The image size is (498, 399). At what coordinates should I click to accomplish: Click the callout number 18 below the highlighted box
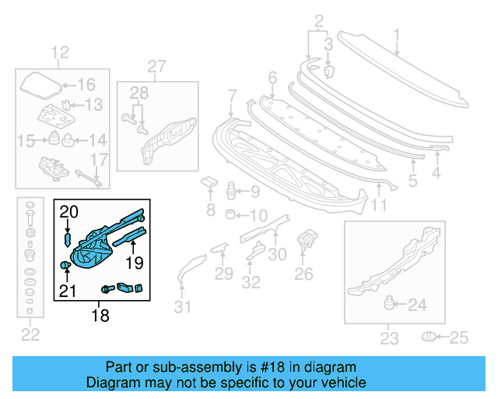[x=100, y=316]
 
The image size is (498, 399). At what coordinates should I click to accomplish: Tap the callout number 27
[x=157, y=66]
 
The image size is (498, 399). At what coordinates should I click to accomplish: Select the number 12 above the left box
[x=60, y=53]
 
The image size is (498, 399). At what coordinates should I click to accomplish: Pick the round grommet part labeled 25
[x=428, y=337]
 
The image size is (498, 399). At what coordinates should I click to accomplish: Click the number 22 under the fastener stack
[x=30, y=335]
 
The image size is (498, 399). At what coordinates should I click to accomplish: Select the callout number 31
[x=181, y=307]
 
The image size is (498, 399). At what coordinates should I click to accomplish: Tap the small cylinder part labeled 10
[x=231, y=214]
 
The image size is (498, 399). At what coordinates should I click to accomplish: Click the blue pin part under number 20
[x=68, y=237]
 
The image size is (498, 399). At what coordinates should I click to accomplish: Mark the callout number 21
[x=69, y=291]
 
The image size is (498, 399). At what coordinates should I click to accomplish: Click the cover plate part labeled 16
[x=39, y=83]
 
